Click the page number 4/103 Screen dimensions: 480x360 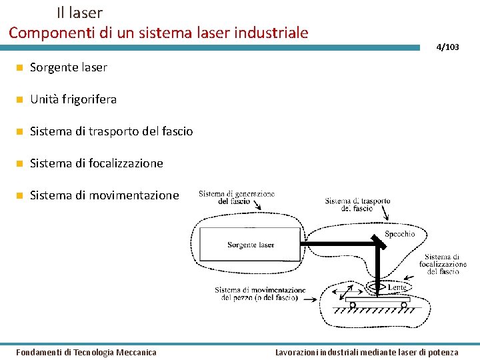pos(447,47)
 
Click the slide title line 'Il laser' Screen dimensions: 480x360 pos(79,12)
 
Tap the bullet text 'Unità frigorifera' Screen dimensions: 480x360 pos(73,99)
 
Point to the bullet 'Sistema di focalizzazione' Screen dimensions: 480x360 pos(97,163)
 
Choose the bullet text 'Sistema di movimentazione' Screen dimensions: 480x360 pos(105,195)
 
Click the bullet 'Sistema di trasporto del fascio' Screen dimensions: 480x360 pos(111,131)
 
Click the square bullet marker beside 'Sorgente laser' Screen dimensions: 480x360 pos(20,67)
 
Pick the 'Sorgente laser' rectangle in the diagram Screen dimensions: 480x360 pos(250,245)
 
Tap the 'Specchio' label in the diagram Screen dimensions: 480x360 pos(400,234)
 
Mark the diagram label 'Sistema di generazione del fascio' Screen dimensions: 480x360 pos(236,197)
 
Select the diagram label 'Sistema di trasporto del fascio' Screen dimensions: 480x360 pos(357,204)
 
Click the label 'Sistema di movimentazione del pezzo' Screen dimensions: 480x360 pos(260,294)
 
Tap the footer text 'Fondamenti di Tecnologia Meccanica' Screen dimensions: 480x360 pos(86,352)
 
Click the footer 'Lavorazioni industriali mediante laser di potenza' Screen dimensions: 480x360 pos(367,352)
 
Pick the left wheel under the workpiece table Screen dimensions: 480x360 pos(353,306)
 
